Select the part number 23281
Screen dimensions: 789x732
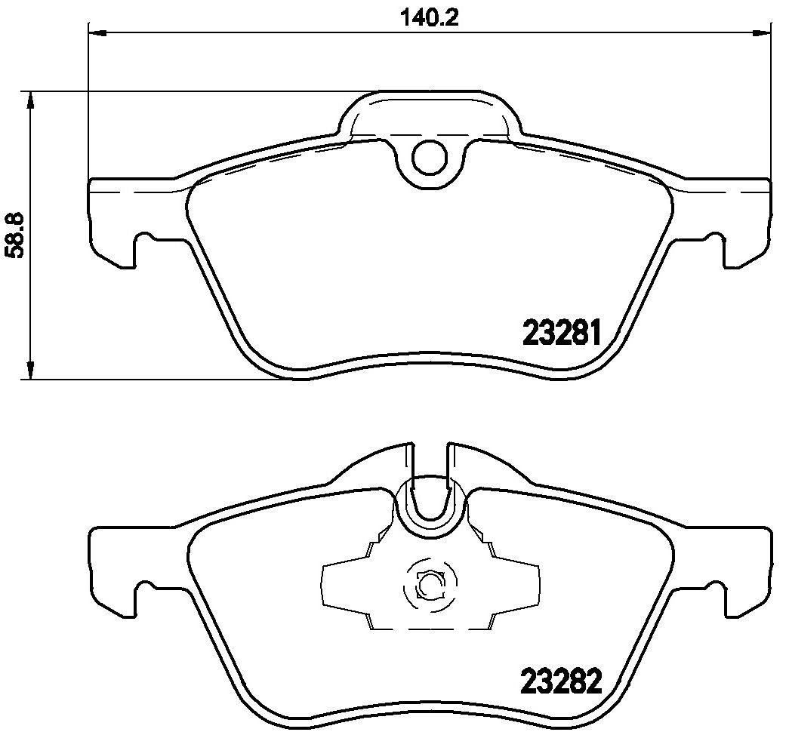tap(562, 333)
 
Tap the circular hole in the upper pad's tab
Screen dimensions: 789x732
tap(429, 157)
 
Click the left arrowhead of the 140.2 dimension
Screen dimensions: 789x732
tap(97, 33)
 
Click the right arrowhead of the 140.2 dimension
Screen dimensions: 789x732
tap(761, 33)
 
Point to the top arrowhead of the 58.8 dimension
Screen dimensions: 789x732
tap(30, 100)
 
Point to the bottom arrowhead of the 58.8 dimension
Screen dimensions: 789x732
tap(30, 370)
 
